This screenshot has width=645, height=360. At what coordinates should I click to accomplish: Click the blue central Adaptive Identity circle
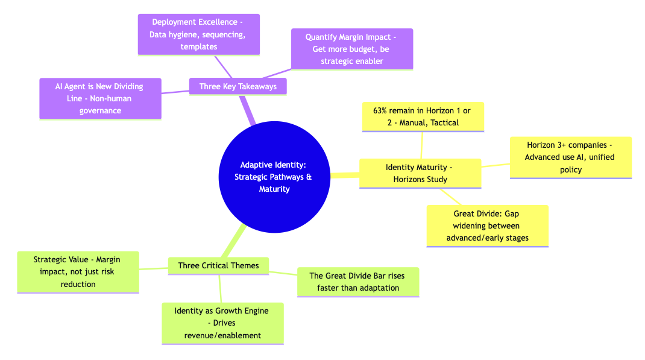274,176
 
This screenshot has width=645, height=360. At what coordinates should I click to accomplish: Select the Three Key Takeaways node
238,86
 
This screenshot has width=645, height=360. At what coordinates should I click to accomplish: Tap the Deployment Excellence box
199,34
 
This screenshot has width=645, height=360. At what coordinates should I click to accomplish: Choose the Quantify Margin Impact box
352,49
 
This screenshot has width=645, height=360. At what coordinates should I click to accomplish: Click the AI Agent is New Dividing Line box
100,98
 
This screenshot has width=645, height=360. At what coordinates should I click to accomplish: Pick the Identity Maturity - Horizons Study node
420,173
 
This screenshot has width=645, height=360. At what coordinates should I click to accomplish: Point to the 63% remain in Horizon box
423,117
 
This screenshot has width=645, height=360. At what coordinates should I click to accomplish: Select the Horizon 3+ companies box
570,157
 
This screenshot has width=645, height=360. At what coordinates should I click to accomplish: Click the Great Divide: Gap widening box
487,226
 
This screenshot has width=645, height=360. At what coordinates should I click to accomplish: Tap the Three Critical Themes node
218,265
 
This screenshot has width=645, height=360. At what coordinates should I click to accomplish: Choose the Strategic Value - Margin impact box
78,272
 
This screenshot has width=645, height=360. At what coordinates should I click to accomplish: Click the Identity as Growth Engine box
222,323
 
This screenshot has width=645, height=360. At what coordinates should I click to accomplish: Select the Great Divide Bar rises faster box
358,282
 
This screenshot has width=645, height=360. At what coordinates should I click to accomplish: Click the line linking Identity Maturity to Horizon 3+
495,165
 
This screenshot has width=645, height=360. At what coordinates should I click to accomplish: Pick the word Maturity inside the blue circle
274,189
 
